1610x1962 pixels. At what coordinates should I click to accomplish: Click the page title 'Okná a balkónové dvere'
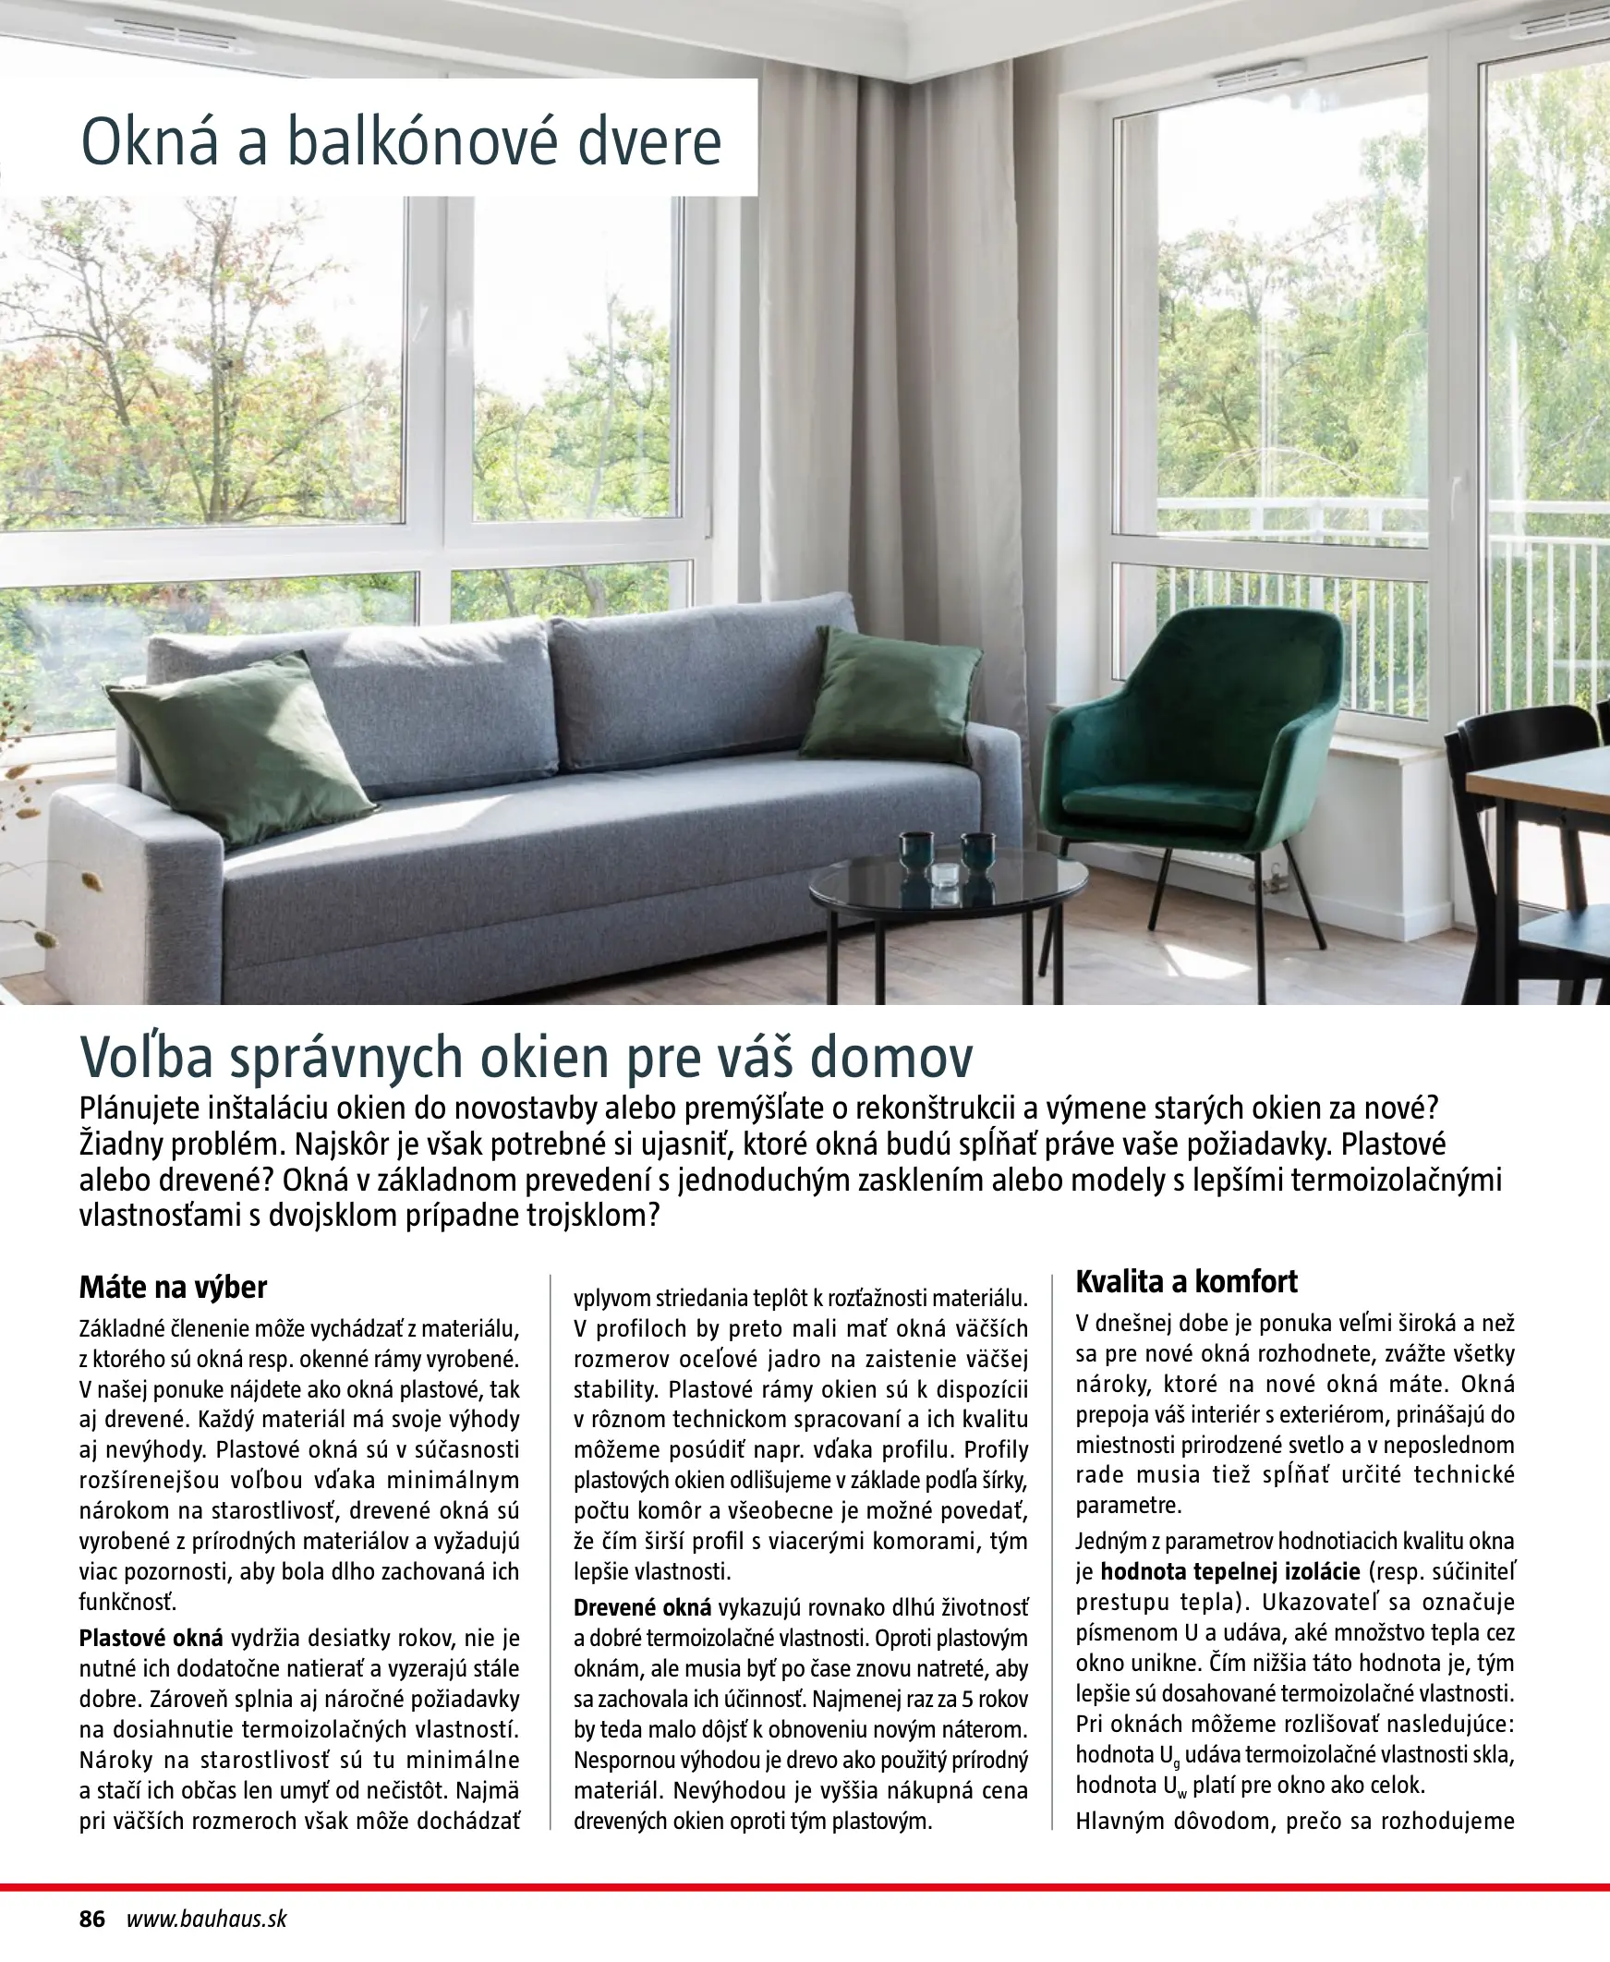pyautogui.click(x=401, y=141)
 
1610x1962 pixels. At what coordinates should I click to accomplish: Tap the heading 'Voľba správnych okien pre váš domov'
pyautogui.click(x=526, y=1057)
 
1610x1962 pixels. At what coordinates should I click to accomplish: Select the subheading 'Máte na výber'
pyautogui.click(x=173, y=1287)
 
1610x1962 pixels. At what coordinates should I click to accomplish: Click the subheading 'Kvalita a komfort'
pyautogui.click(x=1186, y=1281)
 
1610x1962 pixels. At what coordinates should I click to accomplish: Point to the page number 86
pyautogui.click(x=92, y=1919)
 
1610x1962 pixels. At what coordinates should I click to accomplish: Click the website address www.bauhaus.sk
pyautogui.click(x=207, y=1919)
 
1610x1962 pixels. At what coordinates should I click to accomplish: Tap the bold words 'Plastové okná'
pyautogui.click(x=151, y=1638)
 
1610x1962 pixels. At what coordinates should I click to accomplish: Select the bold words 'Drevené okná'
pyautogui.click(x=642, y=1607)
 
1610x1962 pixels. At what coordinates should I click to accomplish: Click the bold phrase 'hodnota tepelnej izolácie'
pyautogui.click(x=1229, y=1571)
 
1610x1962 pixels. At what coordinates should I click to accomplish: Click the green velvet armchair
pyautogui.click(x=1196, y=742)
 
